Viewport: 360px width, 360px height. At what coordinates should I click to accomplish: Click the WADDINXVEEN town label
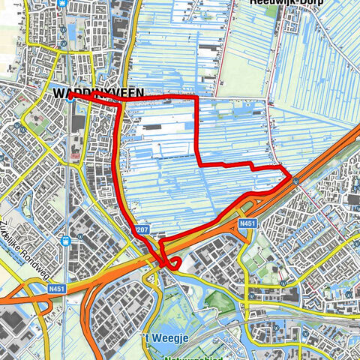click(x=98, y=93)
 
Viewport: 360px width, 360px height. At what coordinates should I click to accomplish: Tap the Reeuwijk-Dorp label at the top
click(x=279, y=3)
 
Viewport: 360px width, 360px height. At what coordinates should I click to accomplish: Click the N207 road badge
click(x=143, y=228)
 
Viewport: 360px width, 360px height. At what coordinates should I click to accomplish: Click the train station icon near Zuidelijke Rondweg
click(x=66, y=241)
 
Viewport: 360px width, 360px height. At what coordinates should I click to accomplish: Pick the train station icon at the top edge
click(x=66, y=3)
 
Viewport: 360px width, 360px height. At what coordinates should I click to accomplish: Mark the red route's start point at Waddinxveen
click(x=70, y=96)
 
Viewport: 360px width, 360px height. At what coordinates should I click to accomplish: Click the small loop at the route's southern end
click(x=173, y=262)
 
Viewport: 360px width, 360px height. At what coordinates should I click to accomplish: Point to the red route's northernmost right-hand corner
click(x=196, y=97)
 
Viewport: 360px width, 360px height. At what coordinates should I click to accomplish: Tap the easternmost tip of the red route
click(x=291, y=175)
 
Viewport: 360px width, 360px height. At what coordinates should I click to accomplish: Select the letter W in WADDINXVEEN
click(x=61, y=93)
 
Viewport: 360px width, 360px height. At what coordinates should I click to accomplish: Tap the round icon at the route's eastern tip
click(x=297, y=181)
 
